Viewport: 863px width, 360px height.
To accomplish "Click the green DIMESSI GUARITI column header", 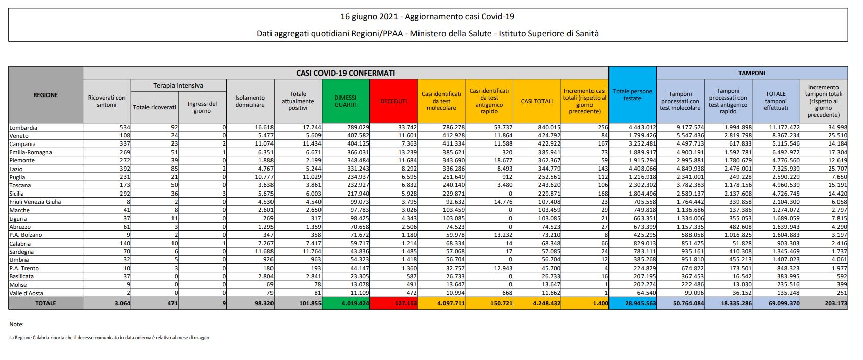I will (346, 101).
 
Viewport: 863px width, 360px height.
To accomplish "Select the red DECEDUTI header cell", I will (393, 101).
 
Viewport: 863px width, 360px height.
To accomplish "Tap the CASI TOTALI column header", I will (536, 101).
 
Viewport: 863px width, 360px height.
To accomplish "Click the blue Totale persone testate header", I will (632, 95).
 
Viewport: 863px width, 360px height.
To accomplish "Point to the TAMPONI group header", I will (752, 73).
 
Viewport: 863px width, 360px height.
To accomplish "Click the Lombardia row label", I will (23, 128).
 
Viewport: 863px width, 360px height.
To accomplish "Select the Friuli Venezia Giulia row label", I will (35, 202).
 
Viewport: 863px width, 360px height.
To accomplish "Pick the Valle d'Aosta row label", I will (26, 293).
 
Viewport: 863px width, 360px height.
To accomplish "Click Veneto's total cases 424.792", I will (549, 136).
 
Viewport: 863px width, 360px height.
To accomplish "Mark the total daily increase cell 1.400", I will (600, 303).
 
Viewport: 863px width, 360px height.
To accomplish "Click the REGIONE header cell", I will (45, 95).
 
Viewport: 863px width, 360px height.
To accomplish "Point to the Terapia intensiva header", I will (178, 85).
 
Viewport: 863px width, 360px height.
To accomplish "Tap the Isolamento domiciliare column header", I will (250, 101).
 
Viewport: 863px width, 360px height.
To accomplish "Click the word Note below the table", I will (16, 324).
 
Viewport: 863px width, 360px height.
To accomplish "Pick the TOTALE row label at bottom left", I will (45, 303).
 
